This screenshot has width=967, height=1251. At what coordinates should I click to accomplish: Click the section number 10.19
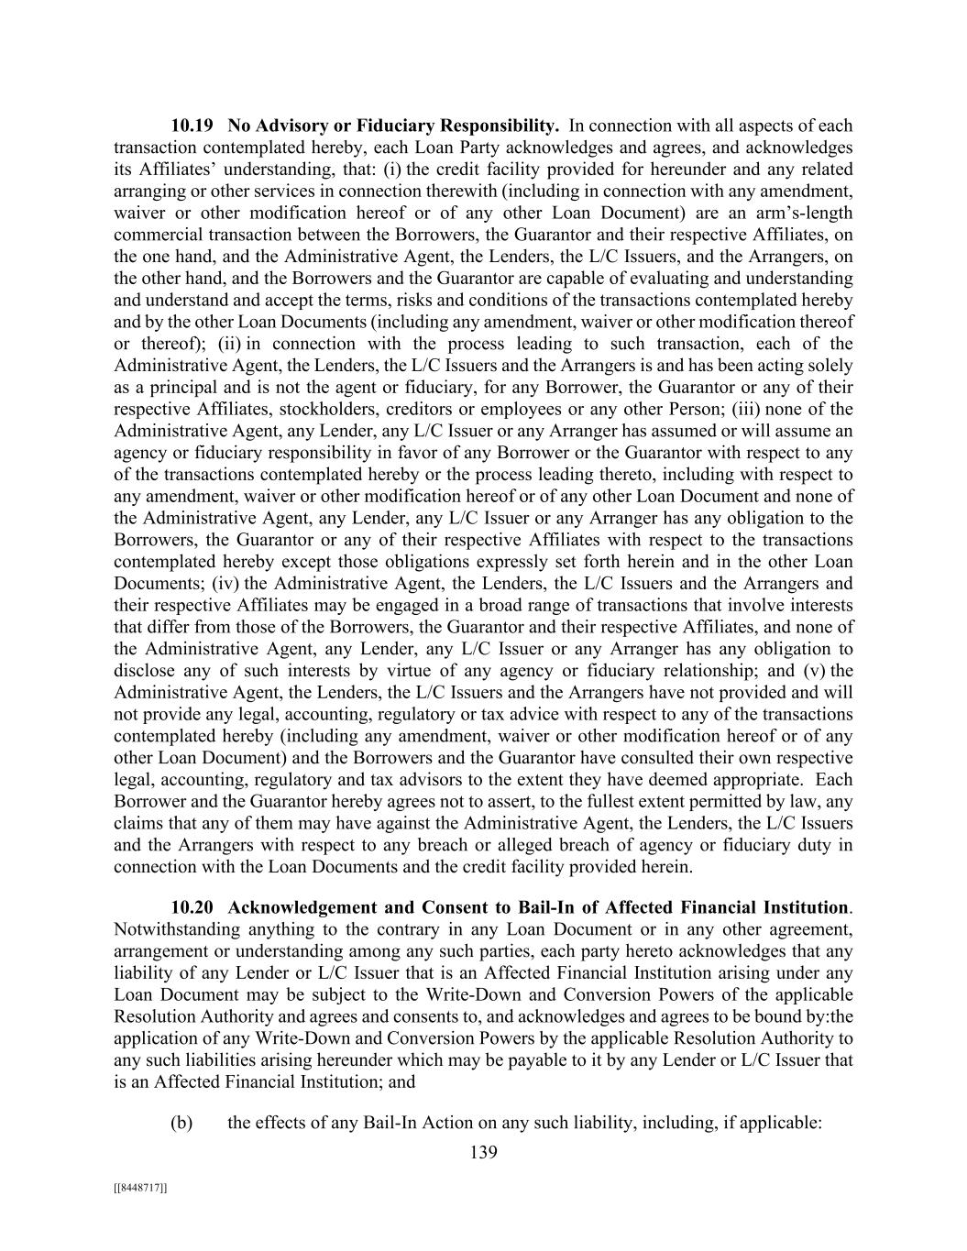click(x=192, y=126)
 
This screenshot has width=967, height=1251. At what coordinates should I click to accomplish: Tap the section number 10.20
click(x=192, y=907)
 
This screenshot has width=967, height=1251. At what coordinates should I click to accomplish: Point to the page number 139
click(x=483, y=1152)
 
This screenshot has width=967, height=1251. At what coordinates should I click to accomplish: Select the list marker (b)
click(x=181, y=1123)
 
